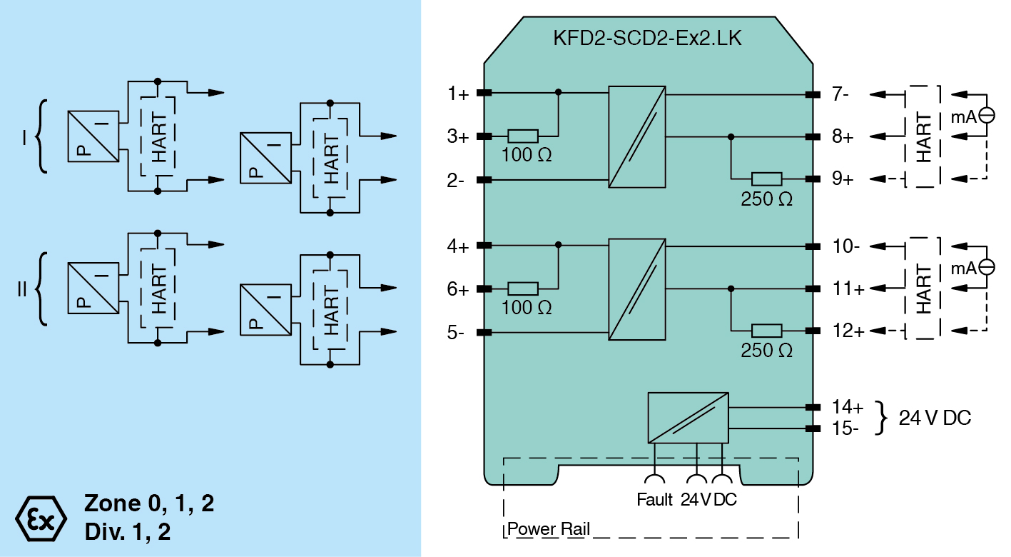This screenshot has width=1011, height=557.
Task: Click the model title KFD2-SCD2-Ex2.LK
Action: coord(647,38)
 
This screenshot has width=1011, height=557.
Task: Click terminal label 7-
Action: coord(840,94)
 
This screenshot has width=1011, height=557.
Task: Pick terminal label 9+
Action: coord(843,179)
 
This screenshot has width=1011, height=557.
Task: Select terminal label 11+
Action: coord(848,289)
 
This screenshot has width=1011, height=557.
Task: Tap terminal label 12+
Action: coord(848,332)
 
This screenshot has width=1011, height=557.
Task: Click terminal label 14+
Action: coord(848,408)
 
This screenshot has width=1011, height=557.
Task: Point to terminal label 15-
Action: coord(846,428)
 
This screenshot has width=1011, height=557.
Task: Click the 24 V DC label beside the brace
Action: coord(935,418)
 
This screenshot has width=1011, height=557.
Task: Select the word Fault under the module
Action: coord(654,500)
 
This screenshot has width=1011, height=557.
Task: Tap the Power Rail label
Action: coord(548,530)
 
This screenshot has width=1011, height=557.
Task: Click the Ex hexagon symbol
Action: coord(41,517)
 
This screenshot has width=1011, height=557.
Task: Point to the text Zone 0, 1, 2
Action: coord(149,503)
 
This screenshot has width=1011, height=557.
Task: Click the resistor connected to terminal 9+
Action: coord(767,179)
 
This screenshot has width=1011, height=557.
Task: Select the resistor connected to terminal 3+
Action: coord(523,136)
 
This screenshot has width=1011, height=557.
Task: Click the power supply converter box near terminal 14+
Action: coord(688,418)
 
